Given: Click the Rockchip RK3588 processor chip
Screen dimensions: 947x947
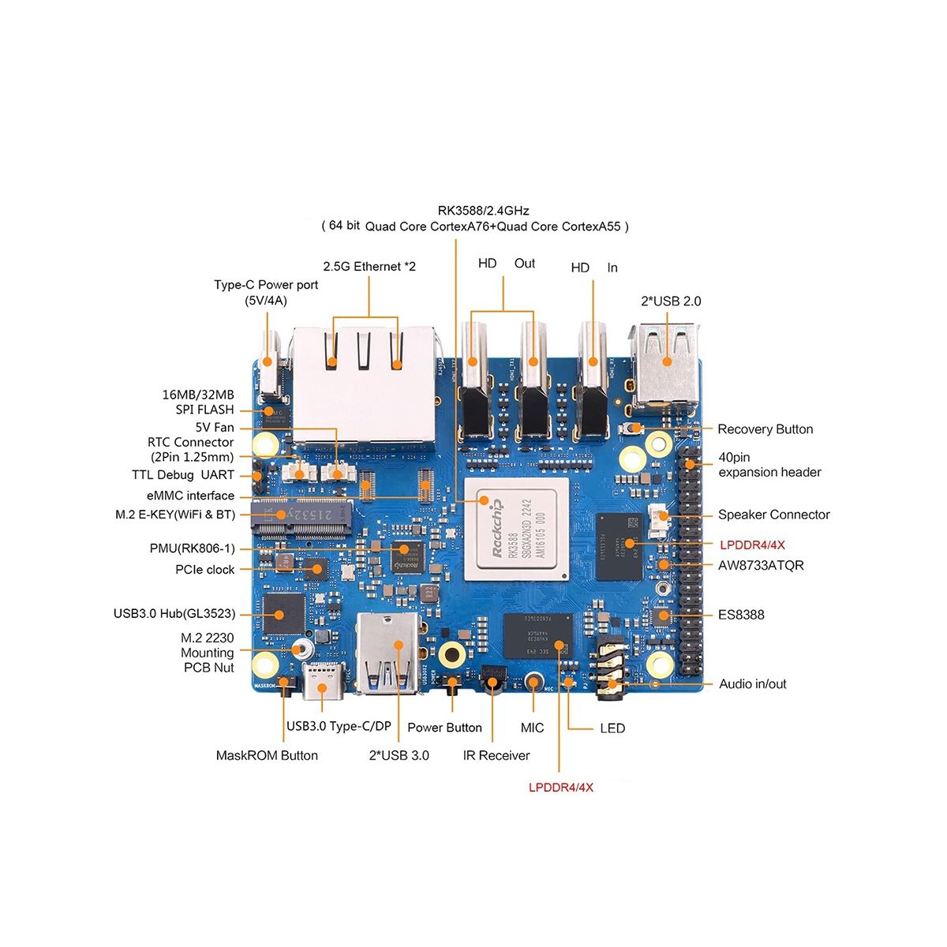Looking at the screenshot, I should pos(516,529).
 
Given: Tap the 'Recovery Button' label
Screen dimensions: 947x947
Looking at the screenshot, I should pos(765,429).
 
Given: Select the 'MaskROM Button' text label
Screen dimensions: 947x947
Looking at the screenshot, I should pos(267,755).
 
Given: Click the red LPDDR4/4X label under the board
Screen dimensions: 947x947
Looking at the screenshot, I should pos(561,787).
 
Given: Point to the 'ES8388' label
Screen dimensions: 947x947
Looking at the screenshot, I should pos(741,615).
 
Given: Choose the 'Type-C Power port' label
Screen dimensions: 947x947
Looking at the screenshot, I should pos(266,292).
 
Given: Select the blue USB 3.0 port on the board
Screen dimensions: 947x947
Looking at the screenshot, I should pos(389,653).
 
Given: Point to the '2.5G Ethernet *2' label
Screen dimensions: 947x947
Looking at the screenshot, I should pos(369,267).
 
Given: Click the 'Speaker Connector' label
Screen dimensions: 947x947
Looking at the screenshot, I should pos(773,515).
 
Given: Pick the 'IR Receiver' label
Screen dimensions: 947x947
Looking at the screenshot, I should pos(496,755).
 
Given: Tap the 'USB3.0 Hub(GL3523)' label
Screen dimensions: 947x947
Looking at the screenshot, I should pos(174,613).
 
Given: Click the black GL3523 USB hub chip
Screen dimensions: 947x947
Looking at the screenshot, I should pos(283,612).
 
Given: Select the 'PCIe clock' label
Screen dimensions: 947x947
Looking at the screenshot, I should pos(205,570).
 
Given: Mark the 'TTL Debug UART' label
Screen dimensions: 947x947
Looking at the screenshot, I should pos(183,475).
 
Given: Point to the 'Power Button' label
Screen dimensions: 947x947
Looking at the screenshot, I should pos(444,728).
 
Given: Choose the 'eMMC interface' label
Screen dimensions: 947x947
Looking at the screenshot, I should pos(190,496).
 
